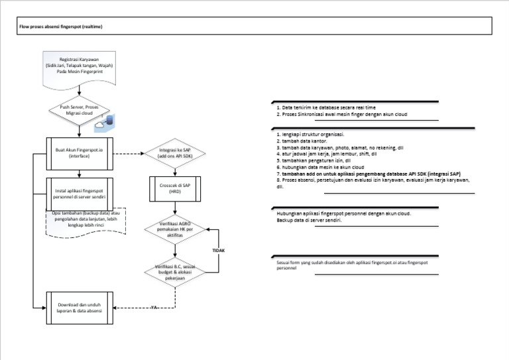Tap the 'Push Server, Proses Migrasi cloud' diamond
[x=80, y=112]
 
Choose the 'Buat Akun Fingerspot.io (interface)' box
[x=80, y=154]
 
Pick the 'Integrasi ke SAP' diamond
[x=175, y=154]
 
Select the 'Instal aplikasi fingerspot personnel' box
[x=80, y=192]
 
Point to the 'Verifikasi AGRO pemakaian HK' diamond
[x=175, y=230]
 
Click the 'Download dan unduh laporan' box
[x=80, y=308]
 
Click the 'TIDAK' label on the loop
[x=219, y=251]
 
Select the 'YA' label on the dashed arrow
[x=154, y=308]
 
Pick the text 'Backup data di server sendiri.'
[x=310, y=220]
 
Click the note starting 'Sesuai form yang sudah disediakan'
[x=351, y=265]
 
